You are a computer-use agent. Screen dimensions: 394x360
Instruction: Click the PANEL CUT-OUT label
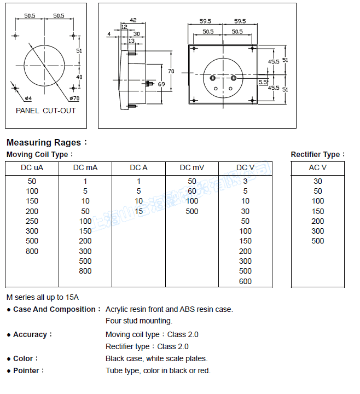(x=46, y=111)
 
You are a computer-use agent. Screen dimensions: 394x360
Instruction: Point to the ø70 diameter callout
(x=74, y=99)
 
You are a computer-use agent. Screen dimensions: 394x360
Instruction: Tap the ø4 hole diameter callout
(x=28, y=99)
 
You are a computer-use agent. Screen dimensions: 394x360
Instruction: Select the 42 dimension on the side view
(x=133, y=20)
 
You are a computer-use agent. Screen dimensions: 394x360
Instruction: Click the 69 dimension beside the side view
(x=161, y=84)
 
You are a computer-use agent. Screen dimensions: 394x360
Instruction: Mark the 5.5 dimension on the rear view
(x=263, y=82)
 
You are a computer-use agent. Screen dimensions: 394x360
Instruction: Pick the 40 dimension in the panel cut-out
(x=79, y=77)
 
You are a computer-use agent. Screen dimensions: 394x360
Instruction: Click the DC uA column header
(x=32, y=167)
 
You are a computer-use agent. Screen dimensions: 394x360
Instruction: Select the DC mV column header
(x=192, y=167)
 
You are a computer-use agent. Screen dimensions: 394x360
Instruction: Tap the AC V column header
(x=318, y=167)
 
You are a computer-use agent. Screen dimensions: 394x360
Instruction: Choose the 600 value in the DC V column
(x=246, y=281)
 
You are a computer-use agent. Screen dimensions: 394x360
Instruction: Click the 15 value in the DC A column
(x=139, y=211)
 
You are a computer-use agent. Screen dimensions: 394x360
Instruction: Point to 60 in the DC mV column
(x=192, y=191)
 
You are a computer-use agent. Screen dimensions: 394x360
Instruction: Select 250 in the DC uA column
(x=32, y=221)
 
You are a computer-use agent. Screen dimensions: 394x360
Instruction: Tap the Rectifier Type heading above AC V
(x=317, y=155)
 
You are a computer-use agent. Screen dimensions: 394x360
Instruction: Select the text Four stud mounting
(x=139, y=321)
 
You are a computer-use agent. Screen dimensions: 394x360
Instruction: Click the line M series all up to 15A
(x=43, y=297)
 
